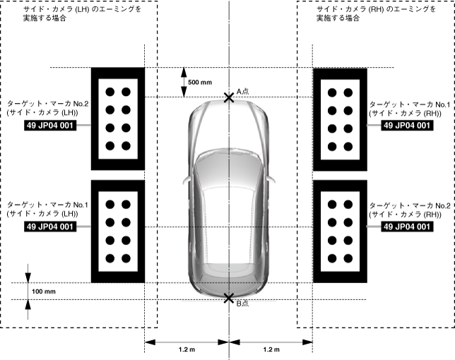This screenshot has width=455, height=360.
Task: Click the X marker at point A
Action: tap(229, 97)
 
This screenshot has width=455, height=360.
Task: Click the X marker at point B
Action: tap(229, 299)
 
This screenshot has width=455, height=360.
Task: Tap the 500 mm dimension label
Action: tap(201, 82)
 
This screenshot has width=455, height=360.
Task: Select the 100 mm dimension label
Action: tap(44, 292)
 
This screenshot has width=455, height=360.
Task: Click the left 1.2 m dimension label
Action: tap(187, 350)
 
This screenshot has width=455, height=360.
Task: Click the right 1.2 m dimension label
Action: tap(271, 350)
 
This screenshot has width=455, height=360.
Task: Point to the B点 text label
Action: tap(242, 304)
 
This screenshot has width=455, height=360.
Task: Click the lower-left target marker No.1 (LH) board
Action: tap(118, 231)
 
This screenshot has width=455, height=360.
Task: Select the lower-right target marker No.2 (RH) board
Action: tap(339, 231)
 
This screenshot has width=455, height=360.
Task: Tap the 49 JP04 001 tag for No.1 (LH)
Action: tap(49, 227)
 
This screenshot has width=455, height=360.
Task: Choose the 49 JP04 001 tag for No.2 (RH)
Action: tap(406, 227)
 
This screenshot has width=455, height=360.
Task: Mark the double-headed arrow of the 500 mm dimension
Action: tap(183, 82)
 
